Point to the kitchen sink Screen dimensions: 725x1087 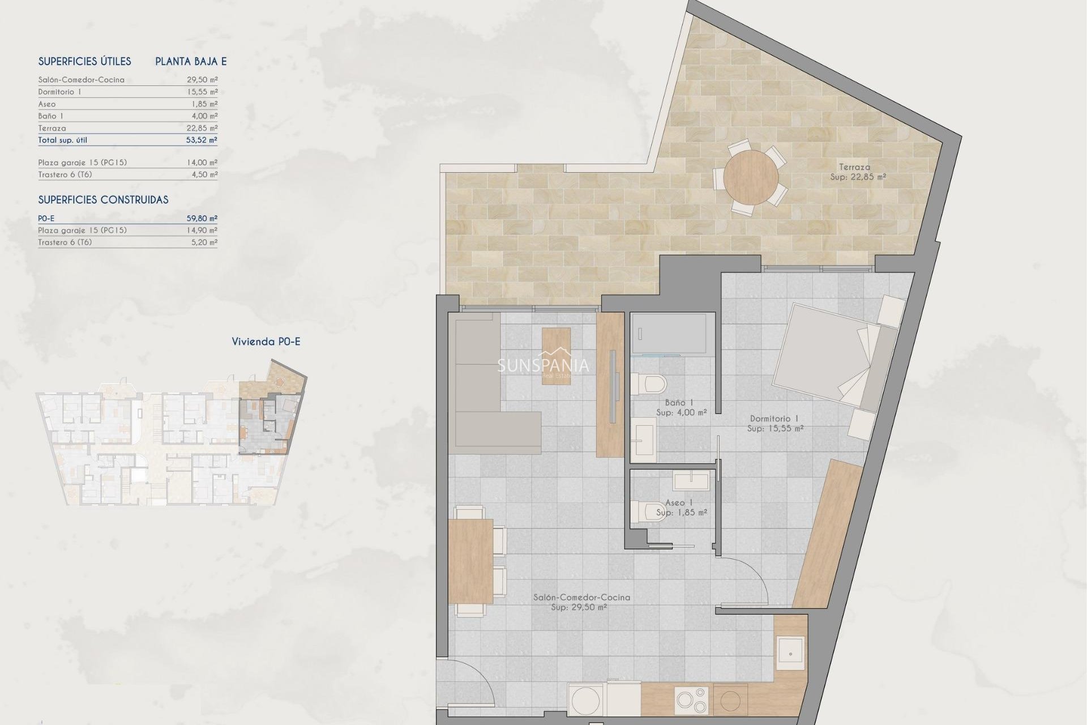pos(790,654)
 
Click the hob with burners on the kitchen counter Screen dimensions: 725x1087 pos(692,700)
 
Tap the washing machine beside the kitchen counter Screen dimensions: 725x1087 pos(586,701)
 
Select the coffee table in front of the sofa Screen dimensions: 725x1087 pos(556,356)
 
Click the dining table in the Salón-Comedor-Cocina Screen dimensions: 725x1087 pos(470,561)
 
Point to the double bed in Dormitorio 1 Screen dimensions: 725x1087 pos(832,357)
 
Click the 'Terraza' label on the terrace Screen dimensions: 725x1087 pos(854,167)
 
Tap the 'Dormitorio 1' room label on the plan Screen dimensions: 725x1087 pos(774,419)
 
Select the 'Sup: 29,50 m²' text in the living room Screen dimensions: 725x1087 pos(579,607)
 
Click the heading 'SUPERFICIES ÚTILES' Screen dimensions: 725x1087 pos(84,61)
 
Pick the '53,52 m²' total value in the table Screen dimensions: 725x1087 pos(202,140)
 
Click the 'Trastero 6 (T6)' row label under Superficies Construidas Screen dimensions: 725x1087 pos(65,242)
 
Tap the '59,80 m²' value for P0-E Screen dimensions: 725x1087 pos(202,218)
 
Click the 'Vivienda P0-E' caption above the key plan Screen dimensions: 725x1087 pos(266,342)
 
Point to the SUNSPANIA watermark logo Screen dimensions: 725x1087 pos(543,365)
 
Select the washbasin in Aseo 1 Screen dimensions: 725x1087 pos(691,481)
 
